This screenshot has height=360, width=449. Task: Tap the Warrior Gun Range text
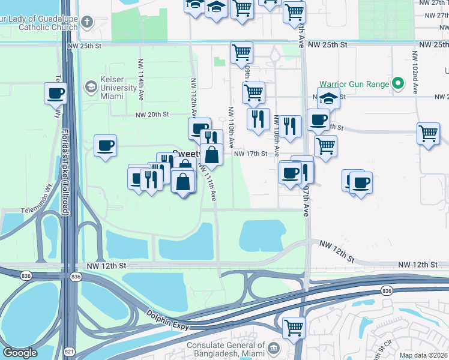[x=354, y=84]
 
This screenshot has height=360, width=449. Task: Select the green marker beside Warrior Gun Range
[x=397, y=84]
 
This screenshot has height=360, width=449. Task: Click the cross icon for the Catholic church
[x=87, y=23]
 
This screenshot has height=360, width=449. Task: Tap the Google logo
[x=20, y=353]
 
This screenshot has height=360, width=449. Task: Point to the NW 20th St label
[x=153, y=115]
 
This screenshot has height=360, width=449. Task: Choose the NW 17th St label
[x=250, y=154]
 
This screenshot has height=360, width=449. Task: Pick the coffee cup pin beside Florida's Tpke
[x=55, y=94]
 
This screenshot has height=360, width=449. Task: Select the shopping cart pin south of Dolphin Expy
[x=294, y=328]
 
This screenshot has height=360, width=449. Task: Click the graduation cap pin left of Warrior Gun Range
[x=328, y=98]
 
